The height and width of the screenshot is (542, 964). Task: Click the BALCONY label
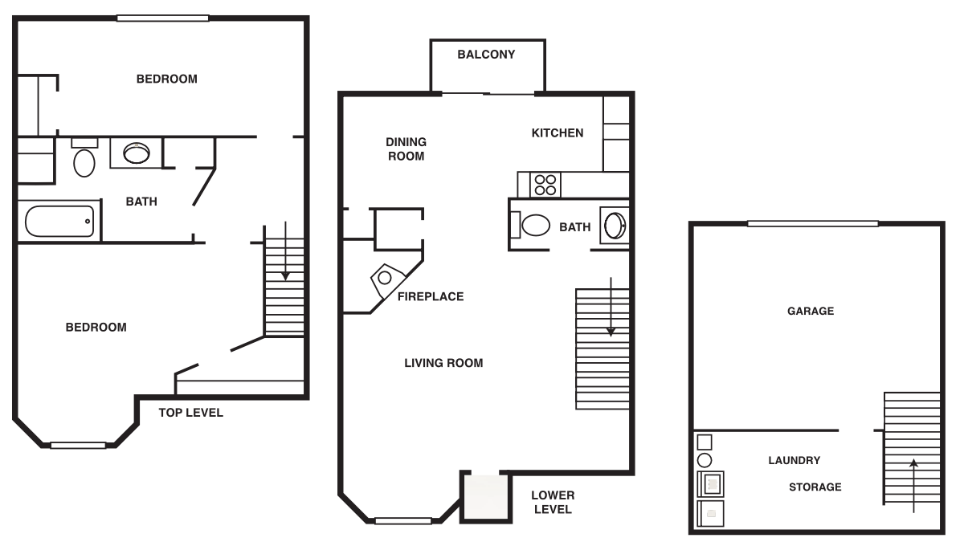click(486, 55)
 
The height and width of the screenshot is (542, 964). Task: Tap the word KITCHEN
click(558, 132)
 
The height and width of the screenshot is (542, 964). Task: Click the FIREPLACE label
click(431, 296)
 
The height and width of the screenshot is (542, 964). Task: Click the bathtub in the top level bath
click(59, 221)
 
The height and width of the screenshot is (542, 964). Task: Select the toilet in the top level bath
click(84, 161)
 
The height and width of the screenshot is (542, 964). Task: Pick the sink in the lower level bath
click(615, 226)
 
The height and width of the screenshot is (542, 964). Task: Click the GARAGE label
click(811, 311)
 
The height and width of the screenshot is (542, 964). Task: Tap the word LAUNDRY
click(794, 460)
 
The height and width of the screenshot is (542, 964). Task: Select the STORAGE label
click(815, 487)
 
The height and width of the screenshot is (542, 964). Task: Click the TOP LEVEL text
click(190, 413)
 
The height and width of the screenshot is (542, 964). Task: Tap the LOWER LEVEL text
click(553, 503)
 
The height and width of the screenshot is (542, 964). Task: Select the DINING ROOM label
click(406, 149)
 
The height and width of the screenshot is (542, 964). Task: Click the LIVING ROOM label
click(443, 363)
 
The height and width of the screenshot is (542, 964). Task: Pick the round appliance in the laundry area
click(704, 460)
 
